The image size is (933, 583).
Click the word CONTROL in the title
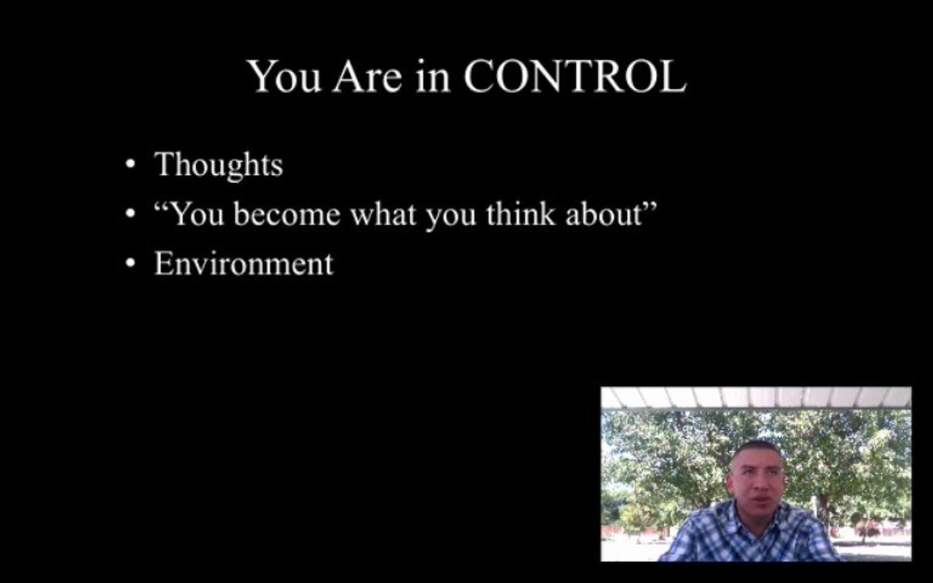(575, 76)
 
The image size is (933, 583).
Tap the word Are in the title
(367, 76)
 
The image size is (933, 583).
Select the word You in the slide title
(284, 76)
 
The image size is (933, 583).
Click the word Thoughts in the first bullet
(219, 165)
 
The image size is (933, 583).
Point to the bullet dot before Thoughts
(131, 164)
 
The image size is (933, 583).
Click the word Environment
(244, 263)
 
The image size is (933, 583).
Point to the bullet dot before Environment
(131, 263)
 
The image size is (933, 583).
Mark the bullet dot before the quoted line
(131, 214)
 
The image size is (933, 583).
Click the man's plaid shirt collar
(751, 515)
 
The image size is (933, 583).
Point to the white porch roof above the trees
(756, 398)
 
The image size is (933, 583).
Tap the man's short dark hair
(756, 447)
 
